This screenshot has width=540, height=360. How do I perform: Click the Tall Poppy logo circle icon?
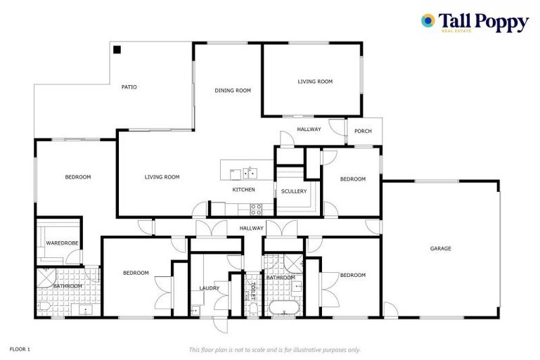coord(427,20)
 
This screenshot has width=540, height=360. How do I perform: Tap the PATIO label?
coord(129,87)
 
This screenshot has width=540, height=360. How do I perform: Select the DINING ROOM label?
coord(233,90)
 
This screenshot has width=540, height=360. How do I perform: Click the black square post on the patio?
coord(117,50)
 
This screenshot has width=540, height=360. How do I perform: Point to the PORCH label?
coord(363,131)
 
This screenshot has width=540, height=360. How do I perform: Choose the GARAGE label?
coord(441,248)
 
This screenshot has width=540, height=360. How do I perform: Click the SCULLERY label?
coord(293,191)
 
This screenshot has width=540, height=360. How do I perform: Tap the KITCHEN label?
coord(244,190)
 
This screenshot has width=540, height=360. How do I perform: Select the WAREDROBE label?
coord(63,243)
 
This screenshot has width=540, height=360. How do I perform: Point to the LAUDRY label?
coord(210,288)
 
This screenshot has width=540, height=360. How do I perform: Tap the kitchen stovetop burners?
coord(256,208)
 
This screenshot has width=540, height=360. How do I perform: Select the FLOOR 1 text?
coord(20,349)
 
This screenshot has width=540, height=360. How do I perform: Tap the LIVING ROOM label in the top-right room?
coord(315,82)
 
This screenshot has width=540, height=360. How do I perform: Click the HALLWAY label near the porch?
coord(309,129)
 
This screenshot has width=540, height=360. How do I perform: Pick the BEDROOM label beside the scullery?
coord(353,179)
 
